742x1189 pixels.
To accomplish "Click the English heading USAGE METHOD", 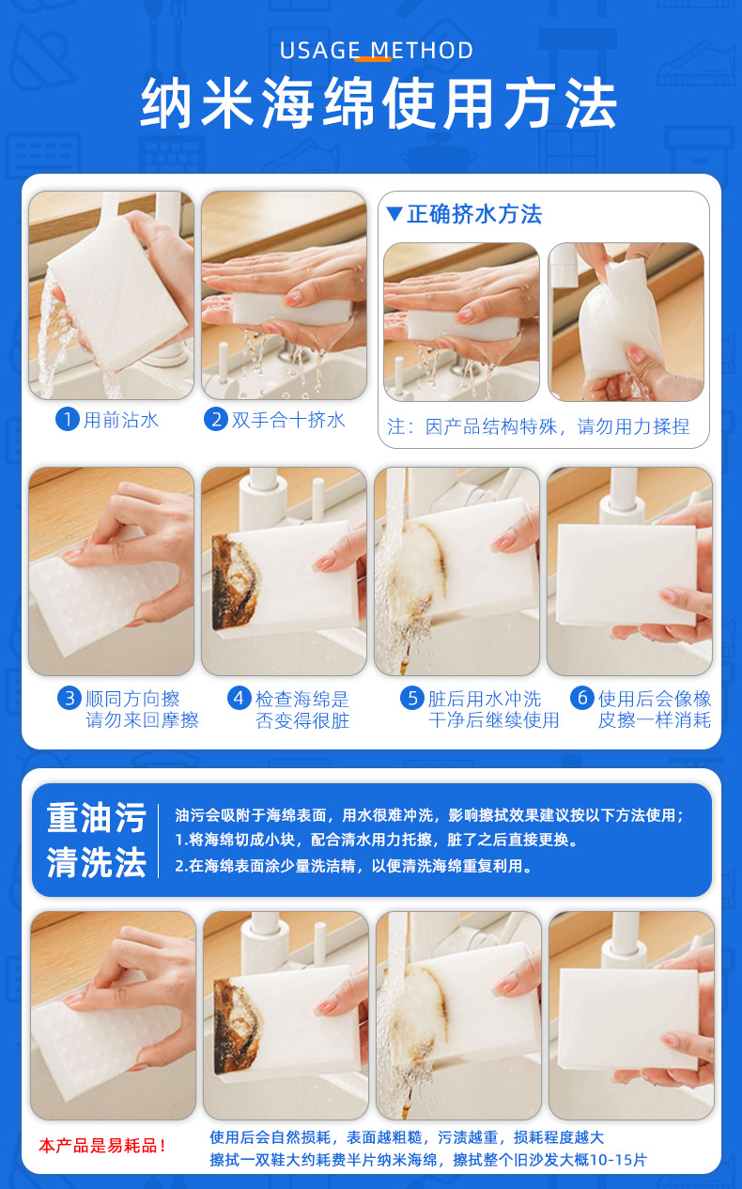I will (x=377, y=50).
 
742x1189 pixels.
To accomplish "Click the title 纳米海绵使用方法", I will (x=379, y=104).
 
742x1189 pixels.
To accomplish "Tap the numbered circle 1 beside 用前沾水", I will (x=67, y=419).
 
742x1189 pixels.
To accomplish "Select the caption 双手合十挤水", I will (x=289, y=420).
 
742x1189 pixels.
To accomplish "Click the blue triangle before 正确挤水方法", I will (x=394, y=214).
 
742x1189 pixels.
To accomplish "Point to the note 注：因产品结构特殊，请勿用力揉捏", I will (x=538, y=426).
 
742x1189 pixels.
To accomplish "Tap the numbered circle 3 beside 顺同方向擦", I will (x=69, y=698).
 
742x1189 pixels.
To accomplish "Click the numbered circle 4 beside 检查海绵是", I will (x=240, y=698).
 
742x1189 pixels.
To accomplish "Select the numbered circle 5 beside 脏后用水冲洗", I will (x=412, y=698).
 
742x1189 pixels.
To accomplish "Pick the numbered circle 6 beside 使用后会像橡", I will (x=582, y=698).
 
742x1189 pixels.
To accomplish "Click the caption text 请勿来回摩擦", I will (x=143, y=720).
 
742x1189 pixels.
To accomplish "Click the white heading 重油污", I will (x=97, y=817).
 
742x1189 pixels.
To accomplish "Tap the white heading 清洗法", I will (x=97, y=862).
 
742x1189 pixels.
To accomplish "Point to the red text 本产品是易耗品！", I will (x=102, y=1146).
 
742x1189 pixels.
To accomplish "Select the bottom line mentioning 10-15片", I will (x=427, y=1160).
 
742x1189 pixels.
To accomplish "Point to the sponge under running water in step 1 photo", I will (x=99, y=282).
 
